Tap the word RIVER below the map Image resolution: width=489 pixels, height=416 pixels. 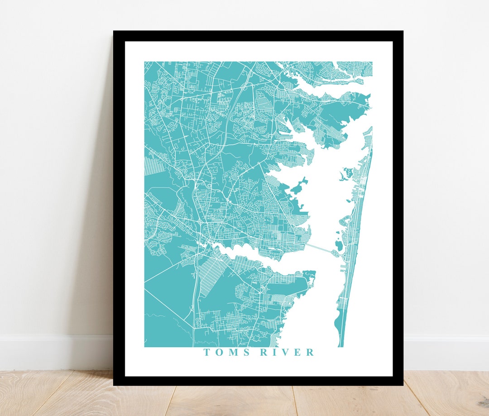[x=287, y=353]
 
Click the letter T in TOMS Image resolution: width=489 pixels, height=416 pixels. [x=206, y=353]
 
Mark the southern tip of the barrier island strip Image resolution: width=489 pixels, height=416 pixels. [x=341, y=345]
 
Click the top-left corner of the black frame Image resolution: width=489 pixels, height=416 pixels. [x=114, y=32]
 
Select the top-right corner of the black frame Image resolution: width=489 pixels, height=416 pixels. [x=402, y=32]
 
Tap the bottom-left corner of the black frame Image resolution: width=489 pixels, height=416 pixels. [x=114, y=385]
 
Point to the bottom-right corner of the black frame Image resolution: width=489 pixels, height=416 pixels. [x=402, y=385]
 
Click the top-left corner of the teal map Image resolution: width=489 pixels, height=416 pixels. [x=145, y=62]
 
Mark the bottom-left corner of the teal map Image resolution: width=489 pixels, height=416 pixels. [x=145, y=347]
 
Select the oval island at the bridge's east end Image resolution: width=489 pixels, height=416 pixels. [x=338, y=246]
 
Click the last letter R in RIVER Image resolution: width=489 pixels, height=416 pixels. [x=310, y=353]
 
